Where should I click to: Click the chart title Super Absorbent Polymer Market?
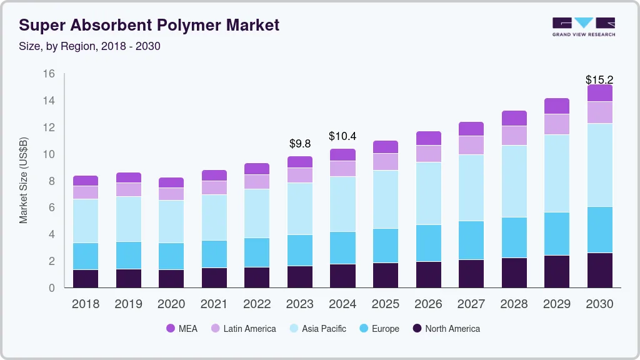click(x=149, y=25)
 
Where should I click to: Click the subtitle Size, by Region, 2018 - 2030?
click(x=90, y=46)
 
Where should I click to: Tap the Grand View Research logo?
click(x=583, y=27)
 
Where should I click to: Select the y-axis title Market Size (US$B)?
click(x=24, y=180)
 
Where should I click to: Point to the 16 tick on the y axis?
click(x=49, y=74)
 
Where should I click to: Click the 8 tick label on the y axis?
click(x=52, y=181)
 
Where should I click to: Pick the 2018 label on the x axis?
click(x=86, y=304)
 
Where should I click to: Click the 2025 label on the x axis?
click(x=386, y=304)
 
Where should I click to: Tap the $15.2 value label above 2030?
click(x=599, y=80)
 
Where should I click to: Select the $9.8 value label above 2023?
click(x=300, y=144)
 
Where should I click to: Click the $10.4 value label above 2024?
click(x=342, y=136)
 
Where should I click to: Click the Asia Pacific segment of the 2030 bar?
click(x=600, y=165)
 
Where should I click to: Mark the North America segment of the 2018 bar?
click(x=86, y=279)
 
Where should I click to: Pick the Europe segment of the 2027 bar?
click(x=471, y=240)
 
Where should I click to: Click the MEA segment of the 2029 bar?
click(x=557, y=106)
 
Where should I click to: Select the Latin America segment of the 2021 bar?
click(x=214, y=187)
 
